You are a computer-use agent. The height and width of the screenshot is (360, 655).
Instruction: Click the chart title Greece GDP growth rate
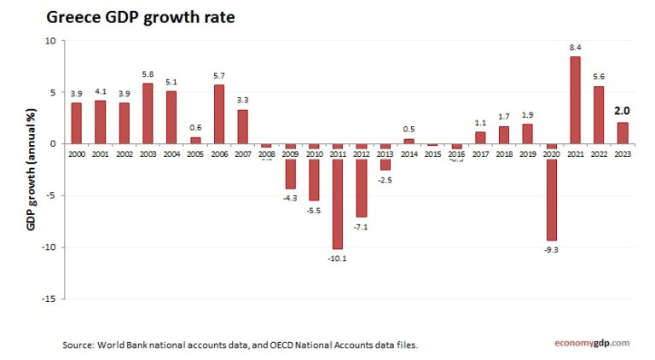140,17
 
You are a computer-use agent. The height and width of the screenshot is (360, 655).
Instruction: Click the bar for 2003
148,113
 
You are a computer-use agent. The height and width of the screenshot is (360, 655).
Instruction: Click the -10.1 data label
338,258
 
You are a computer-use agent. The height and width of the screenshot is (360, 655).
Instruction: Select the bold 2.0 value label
623,111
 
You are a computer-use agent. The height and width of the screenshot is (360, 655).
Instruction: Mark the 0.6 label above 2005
195,128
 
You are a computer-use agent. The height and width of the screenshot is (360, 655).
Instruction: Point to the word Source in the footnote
78,345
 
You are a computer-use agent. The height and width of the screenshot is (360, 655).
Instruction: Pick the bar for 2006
218,113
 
